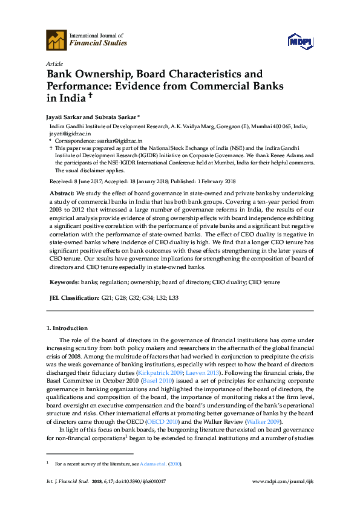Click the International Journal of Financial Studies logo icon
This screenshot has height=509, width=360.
pyautogui.click(x=56, y=40)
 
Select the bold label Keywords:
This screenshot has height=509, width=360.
pyautogui.click(x=64, y=282)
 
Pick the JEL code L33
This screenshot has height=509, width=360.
pyautogui.click(x=173, y=298)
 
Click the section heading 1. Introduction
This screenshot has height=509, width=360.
pyautogui.click(x=67, y=328)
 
